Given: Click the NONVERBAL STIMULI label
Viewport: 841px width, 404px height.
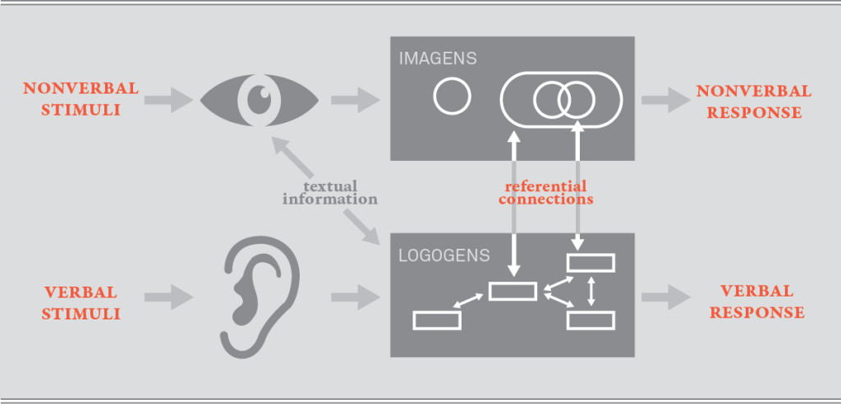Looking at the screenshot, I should click(x=80, y=99).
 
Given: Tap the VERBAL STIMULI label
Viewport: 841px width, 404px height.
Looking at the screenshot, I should click(x=81, y=302).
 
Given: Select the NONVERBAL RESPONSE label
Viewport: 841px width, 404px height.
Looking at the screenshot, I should click(x=753, y=101).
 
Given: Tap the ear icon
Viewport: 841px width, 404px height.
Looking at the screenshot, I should click(x=251, y=292).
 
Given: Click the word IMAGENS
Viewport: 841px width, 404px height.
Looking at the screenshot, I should click(x=438, y=59).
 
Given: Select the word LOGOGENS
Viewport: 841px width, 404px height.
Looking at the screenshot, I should click(x=443, y=255).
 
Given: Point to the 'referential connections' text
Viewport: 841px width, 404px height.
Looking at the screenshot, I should click(x=545, y=192).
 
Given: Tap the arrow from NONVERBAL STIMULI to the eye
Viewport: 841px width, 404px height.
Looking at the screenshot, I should click(x=164, y=100).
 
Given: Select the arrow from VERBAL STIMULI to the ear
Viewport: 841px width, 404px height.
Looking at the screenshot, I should click(x=168, y=296).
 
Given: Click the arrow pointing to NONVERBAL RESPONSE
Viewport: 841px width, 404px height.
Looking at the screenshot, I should click(x=664, y=100).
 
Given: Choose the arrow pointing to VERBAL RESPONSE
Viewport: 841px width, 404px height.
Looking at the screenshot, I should click(x=666, y=296).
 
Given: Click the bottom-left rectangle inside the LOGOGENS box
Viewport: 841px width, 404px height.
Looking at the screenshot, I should click(x=437, y=320).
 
